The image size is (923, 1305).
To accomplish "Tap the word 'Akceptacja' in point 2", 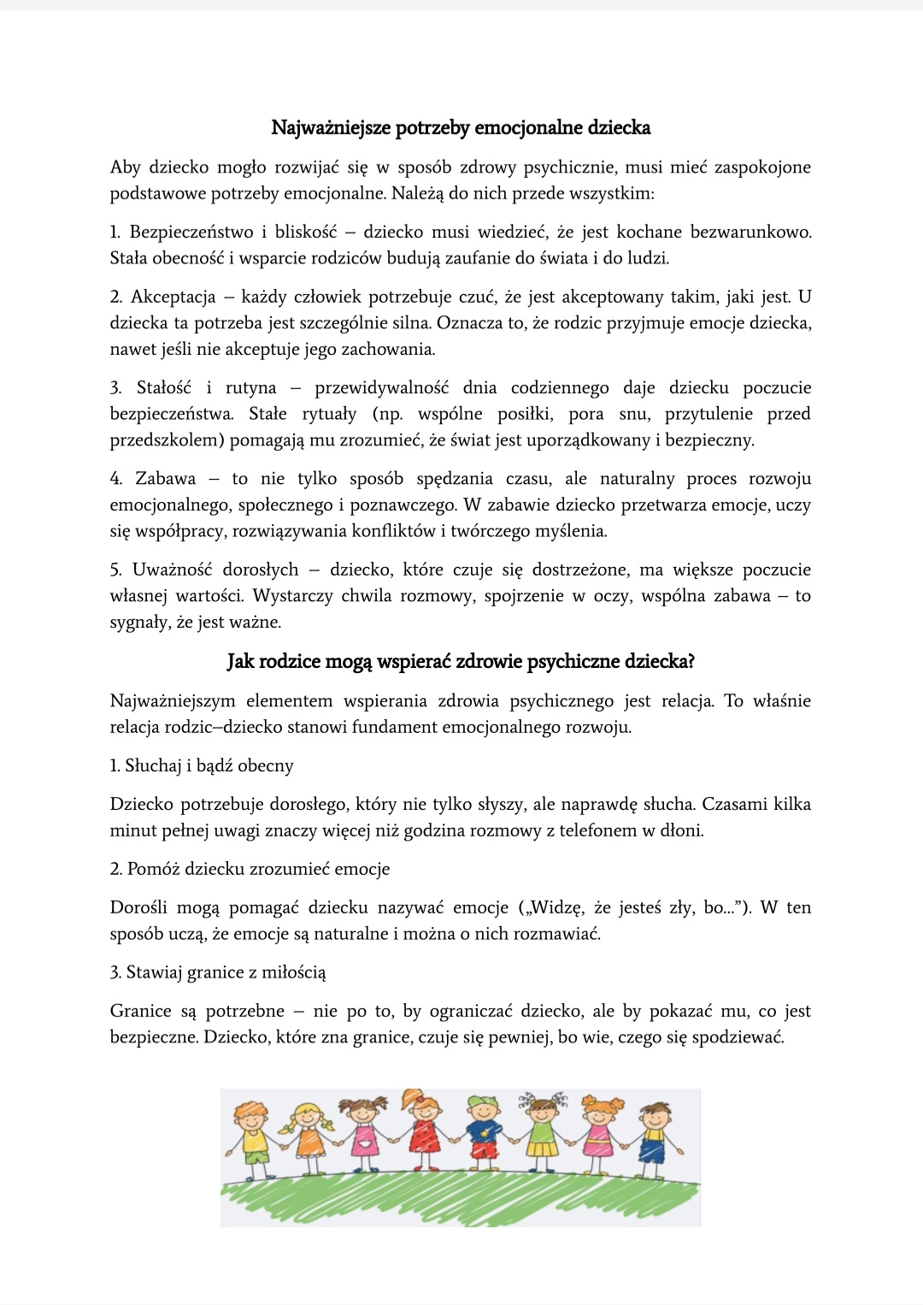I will point(173,298).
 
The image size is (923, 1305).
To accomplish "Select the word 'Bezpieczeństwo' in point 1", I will point(191,233).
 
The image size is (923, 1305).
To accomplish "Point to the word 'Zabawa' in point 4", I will point(166,479).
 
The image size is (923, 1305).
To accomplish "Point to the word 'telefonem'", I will point(598,830).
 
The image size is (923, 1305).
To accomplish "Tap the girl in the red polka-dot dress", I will point(424,1129).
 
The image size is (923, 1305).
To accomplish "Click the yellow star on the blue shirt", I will point(485,1134).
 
